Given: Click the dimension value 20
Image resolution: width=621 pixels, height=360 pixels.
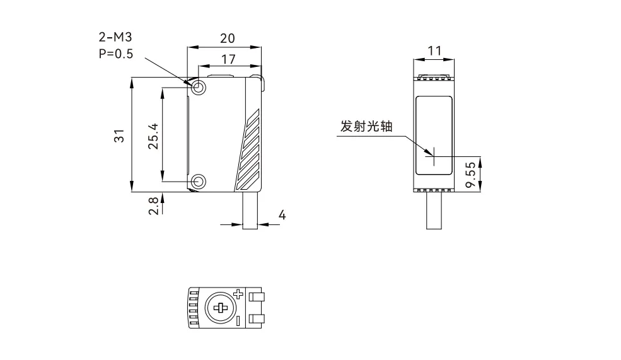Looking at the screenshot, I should tap(227, 38).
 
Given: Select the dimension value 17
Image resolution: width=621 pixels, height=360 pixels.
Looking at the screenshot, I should tap(228, 59).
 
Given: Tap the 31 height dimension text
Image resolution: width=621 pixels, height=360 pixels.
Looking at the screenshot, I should tap(119, 135).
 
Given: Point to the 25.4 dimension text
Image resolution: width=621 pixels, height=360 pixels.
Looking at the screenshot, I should tap(153, 136).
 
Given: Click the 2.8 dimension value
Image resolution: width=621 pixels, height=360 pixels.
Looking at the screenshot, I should tap(153, 206).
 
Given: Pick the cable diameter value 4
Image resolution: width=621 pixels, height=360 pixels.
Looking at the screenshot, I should tap(282, 216).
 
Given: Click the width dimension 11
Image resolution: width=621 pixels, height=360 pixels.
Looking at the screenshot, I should tap(434, 51).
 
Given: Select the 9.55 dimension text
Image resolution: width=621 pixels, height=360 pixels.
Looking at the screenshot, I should tap(470, 175).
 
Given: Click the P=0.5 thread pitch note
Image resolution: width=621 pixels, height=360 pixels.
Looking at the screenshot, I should tap(116, 54).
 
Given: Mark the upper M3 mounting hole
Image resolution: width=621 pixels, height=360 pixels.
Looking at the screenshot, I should tap(199, 86).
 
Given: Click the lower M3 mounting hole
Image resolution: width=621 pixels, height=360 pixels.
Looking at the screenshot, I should tap(199, 182).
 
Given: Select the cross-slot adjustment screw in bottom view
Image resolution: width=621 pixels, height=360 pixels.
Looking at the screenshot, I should tap(220, 308).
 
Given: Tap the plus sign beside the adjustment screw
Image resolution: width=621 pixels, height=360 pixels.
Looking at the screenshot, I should tap(238, 294).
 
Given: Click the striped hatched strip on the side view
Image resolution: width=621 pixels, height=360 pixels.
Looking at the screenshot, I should tap(248, 151).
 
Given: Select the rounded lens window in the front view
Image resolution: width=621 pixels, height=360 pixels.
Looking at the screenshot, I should tap(434, 134).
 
